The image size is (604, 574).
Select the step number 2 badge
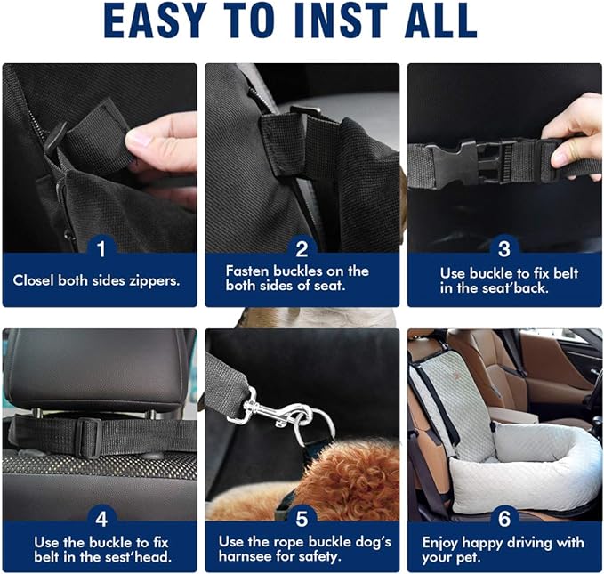tap(302, 247)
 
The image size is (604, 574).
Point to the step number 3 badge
tap(504, 247)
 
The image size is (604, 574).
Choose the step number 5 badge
tap(302, 517)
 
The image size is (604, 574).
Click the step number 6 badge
tap(504, 517)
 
